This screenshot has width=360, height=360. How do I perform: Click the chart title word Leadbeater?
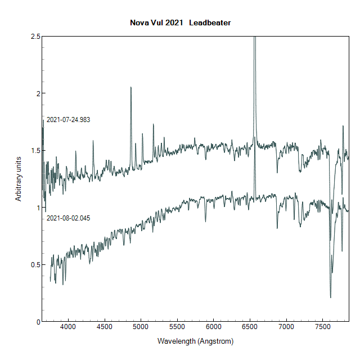[210, 23]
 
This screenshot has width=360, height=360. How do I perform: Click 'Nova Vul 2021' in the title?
[157, 23]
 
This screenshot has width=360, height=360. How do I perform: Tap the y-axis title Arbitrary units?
[19, 179]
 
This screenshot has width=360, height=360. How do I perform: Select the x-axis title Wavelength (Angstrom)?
[195, 341]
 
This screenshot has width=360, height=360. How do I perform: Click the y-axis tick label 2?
[38, 93]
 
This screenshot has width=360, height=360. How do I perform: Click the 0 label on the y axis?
[38, 322]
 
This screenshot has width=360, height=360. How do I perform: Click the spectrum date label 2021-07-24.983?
[68, 120]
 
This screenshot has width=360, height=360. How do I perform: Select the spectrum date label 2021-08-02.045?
[68, 218]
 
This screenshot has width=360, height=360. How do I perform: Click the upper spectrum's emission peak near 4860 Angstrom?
[131, 88]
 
